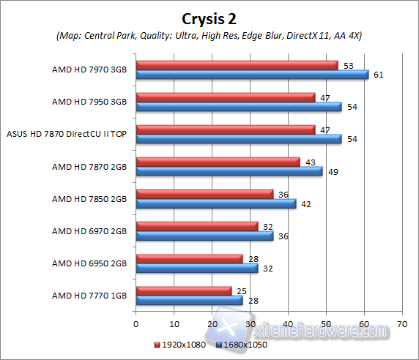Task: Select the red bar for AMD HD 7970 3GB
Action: point(237,65)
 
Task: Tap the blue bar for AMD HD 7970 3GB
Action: point(252,74)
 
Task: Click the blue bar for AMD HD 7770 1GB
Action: point(189,300)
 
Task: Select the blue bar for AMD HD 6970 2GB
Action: point(204,236)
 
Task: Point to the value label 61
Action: point(378,75)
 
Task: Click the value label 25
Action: point(241,291)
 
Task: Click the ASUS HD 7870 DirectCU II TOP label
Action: point(67,134)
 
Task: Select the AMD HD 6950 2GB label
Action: point(89,263)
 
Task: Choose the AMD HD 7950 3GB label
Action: point(89,102)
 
